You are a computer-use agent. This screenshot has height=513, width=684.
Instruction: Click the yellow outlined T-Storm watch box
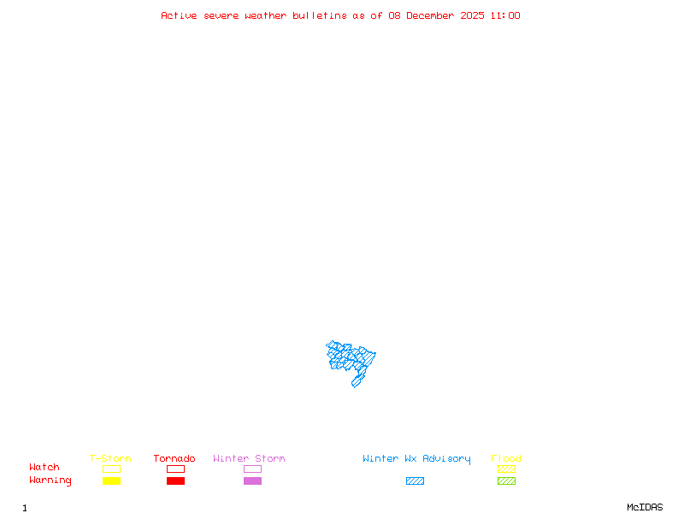pos(111,469)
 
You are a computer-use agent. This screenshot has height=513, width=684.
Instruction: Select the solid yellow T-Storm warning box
pos(111,481)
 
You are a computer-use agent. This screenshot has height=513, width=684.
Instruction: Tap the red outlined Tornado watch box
pos(175,469)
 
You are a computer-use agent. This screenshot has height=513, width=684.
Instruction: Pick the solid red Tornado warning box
pos(175,481)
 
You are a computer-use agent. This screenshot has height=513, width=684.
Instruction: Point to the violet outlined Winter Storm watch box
pos(252,469)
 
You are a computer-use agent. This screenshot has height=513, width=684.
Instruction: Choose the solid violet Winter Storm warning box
pos(252,481)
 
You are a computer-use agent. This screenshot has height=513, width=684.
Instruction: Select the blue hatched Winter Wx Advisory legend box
pos(415,481)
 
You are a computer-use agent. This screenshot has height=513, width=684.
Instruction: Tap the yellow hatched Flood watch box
pos(506,469)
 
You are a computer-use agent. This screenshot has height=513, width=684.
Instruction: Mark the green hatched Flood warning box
pos(506,481)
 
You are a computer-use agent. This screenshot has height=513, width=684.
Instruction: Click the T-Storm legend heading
pos(110,458)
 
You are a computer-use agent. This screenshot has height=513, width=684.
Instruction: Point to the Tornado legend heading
pos(174,458)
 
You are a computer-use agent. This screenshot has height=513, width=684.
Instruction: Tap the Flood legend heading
pos(506,458)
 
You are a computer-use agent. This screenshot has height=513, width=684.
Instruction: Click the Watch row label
pos(44,468)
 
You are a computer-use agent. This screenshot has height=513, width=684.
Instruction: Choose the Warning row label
pos(50,481)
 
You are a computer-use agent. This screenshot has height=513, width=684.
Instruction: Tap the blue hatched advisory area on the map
pos(351,359)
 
